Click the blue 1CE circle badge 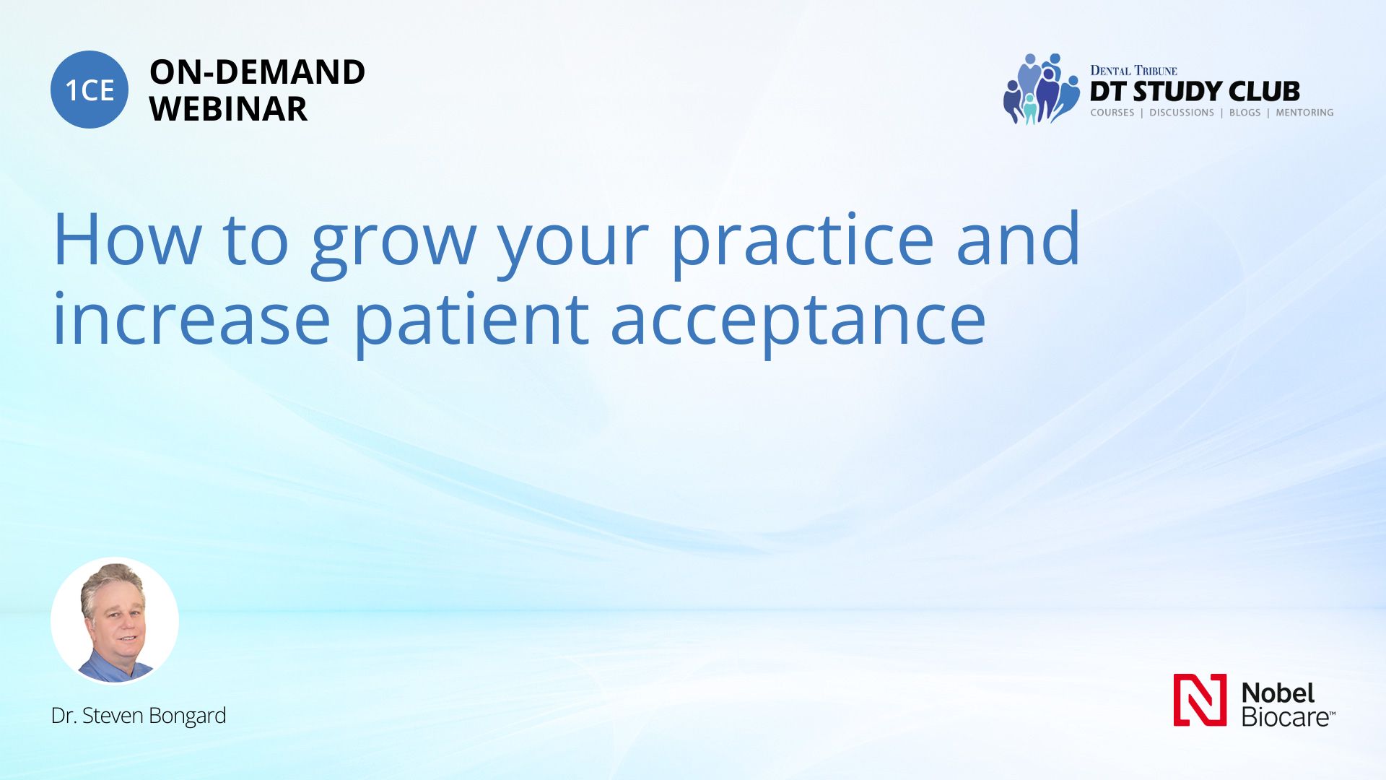[x=90, y=90]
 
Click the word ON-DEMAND [x=257, y=72]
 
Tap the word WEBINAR [x=228, y=109]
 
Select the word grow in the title [x=393, y=244]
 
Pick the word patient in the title [x=471, y=324]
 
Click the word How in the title [x=128, y=240]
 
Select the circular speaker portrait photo [x=115, y=620]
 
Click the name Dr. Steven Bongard [x=139, y=716]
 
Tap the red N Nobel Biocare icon [x=1200, y=700]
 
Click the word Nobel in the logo [x=1278, y=693]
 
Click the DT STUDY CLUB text [x=1195, y=92]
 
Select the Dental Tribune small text [x=1133, y=70]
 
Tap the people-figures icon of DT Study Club [x=1042, y=89]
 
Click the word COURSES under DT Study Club [x=1112, y=113]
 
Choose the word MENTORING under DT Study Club [x=1304, y=113]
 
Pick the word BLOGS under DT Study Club [x=1245, y=113]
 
